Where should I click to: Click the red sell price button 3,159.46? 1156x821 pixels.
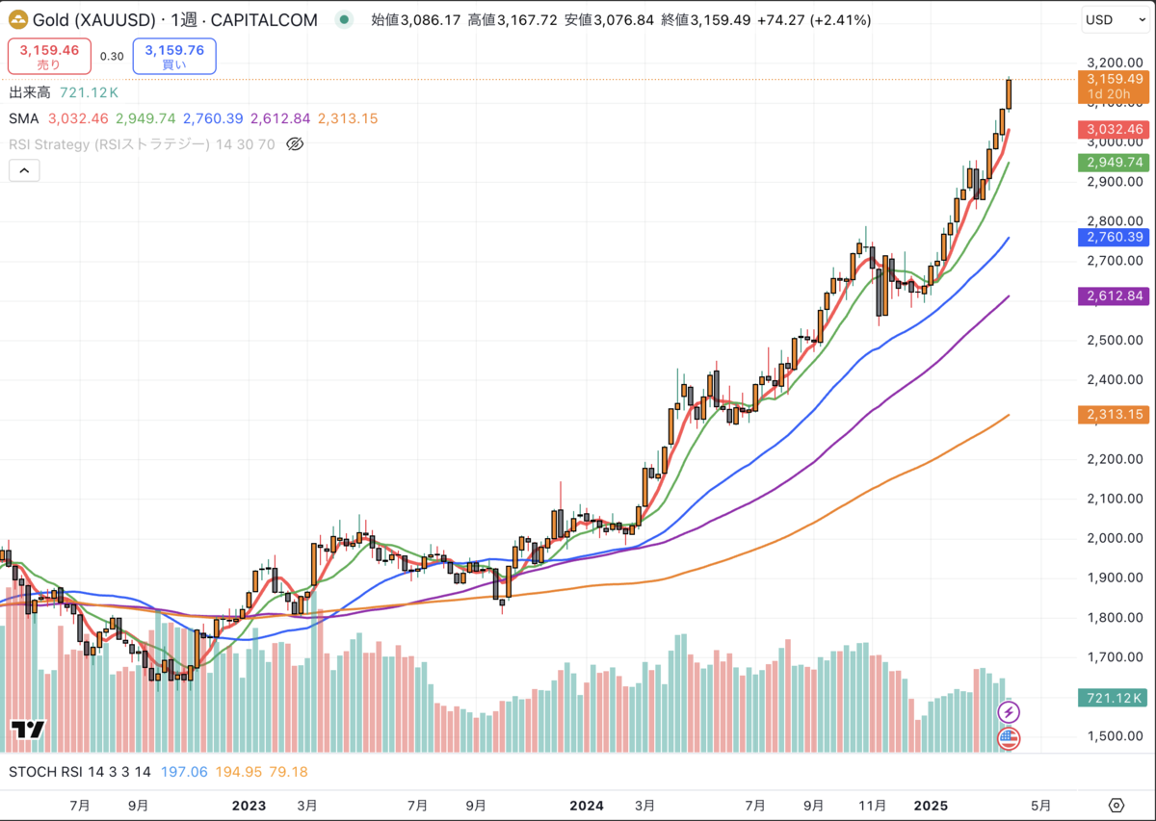click(x=49, y=56)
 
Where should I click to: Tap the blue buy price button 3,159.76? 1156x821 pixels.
click(x=174, y=56)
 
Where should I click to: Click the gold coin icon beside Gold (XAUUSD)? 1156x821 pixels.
click(x=17, y=19)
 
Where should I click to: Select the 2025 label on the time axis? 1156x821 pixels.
click(x=932, y=805)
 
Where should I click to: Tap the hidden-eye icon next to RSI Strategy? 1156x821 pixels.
click(x=296, y=144)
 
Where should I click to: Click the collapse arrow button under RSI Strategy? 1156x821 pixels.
click(x=24, y=171)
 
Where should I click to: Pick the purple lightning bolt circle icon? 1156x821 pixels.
click(x=1008, y=712)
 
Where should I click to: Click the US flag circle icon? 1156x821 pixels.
click(x=1008, y=739)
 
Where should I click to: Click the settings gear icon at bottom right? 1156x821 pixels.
click(x=1117, y=805)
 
